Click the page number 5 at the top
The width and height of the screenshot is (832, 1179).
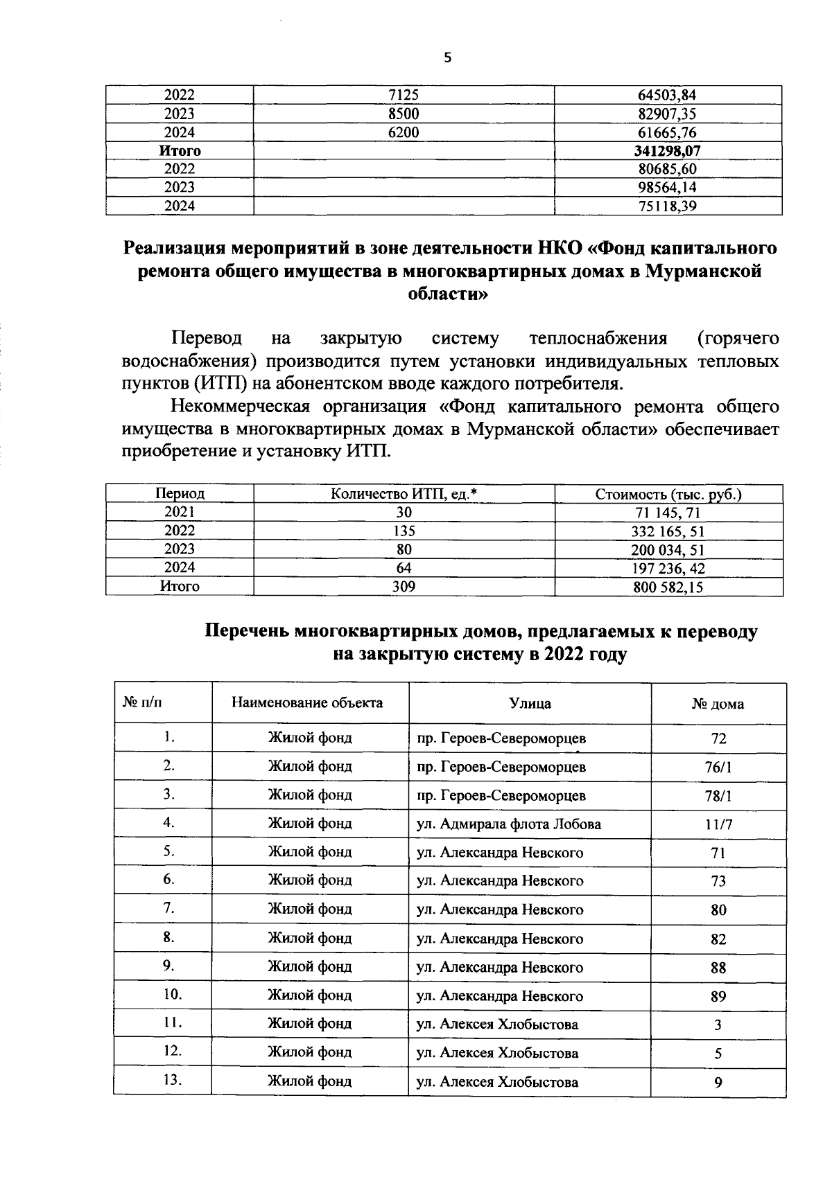447,59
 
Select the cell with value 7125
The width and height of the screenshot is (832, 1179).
404,95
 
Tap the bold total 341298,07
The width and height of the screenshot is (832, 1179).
668,150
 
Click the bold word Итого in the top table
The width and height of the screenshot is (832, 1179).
180,150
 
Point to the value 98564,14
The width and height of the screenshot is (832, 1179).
668,187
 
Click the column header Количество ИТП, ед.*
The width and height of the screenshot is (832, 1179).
404,494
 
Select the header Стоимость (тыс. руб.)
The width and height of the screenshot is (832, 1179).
668,495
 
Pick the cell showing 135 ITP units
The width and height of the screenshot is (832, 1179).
404,531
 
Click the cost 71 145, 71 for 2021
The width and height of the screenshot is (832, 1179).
668,513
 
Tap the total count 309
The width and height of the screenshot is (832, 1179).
404,587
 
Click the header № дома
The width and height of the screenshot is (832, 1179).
718,704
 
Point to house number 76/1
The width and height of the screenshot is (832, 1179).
718,768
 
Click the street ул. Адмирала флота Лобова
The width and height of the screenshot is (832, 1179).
508,824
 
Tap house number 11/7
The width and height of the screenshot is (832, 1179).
718,824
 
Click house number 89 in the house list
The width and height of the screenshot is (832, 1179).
718,997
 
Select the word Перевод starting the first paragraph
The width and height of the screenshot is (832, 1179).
207,339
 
